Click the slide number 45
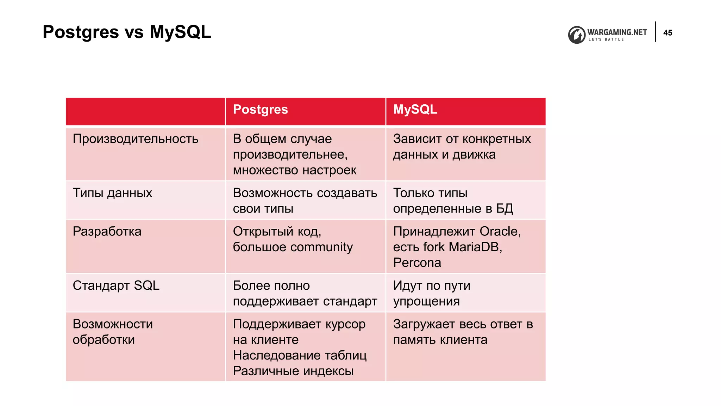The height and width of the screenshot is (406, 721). (667, 33)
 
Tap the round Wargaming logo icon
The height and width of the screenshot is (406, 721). (577, 35)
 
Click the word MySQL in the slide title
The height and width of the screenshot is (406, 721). (180, 32)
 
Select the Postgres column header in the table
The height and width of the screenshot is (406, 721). (260, 110)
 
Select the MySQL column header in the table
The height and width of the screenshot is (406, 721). (415, 110)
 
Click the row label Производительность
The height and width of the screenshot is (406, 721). (136, 139)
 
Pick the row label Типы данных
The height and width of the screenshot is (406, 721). (112, 193)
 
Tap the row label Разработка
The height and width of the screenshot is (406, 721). (107, 232)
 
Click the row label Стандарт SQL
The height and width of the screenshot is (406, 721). (116, 285)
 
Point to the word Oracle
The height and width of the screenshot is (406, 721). (500, 232)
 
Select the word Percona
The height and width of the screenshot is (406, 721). (417, 263)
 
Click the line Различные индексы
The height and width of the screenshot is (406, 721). (293, 371)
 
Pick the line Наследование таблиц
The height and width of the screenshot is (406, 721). (300, 355)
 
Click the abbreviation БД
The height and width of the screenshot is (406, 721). (504, 209)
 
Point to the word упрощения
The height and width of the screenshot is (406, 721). (426, 302)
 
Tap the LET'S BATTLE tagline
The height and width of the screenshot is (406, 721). (606, 39)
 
